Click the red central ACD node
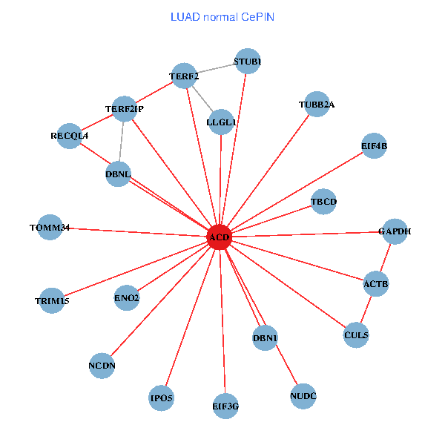coord(220,237)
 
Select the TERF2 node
coord(183,76)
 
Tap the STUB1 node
coord(247,62)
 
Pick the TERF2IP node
coord(124,109)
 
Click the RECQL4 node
coord(69,136)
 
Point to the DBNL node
coord(118,174)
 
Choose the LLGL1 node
coord(221,122)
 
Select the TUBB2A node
coord(316,105)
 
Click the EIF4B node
coord(374,145)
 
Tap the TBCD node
coord(323,201)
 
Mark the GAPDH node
coord(394,231)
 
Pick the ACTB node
coord(375,284)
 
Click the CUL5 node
coord(356,335)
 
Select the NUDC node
coord(303,396)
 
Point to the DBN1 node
coord(265,338)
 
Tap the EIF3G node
coord(225,406)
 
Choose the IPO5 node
coord(161,398)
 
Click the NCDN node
coord(102,365)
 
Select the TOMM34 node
coord(50,228)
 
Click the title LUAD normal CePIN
coord(222,16)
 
